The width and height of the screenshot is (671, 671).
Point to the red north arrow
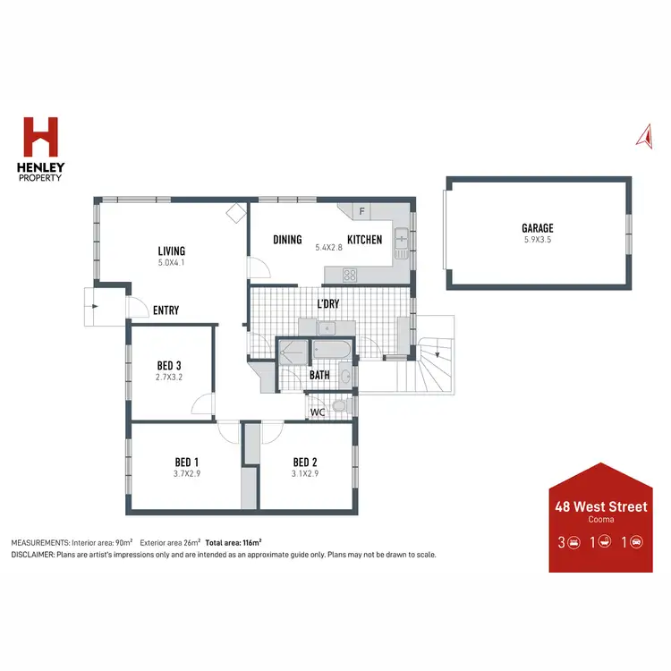pos(641,134)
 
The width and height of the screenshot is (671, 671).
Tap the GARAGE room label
pos(538,228)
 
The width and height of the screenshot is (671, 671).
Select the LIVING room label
pos(171,251)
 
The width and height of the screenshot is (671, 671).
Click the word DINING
pos(287,240)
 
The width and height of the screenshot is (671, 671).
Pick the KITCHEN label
pos(364,240)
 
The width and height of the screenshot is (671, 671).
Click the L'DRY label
pos(328,304)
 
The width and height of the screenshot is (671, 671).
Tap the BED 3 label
pos(169,365)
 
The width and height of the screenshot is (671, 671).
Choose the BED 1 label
pos(187,463)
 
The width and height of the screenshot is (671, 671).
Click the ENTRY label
pos(166,310)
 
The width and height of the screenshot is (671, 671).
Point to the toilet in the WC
pos(338,407)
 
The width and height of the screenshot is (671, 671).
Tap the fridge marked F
pos(361,212)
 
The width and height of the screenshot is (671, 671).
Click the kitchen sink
pos(402,238)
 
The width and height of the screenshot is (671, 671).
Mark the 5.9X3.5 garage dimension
pos(538,240)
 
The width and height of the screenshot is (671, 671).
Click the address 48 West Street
pos(600,507)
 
